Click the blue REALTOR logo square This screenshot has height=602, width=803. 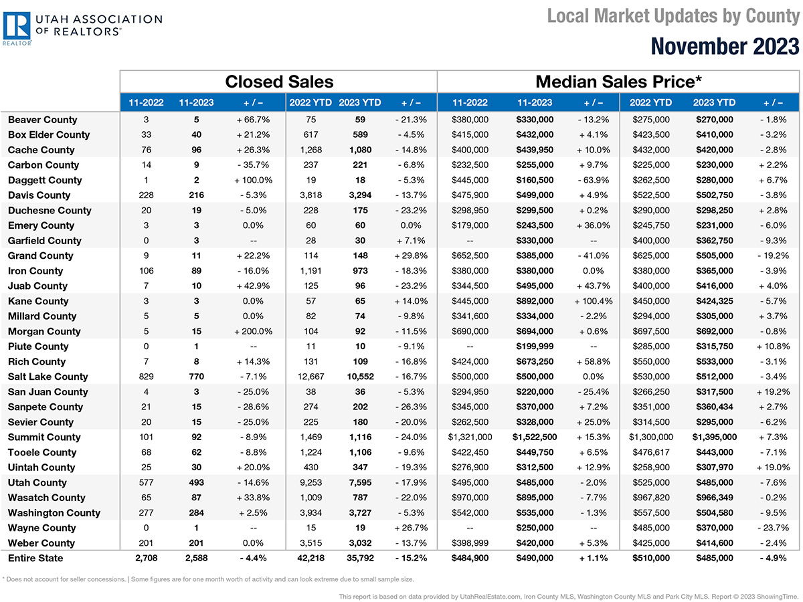(x=17, y=25)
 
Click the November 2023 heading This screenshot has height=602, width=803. (x=725, y=46)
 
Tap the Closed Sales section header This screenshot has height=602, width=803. (x=279, y=82)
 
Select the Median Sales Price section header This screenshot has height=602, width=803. (x=618, y=82)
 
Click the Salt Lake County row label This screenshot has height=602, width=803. (x=48, y=377)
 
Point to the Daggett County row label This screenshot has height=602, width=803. (x=45, y=180)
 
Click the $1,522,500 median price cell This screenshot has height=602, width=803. (x=535, y=437)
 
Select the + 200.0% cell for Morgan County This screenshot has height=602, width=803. (x=253, y=331)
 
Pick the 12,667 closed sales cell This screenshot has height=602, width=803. (x=310, y=377)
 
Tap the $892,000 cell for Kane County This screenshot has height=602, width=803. (x=535, y=301)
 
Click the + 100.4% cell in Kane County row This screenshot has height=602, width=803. (x=593, y=301)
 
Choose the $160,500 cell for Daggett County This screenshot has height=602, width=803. (x=535, y=180)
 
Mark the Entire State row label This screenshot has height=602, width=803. (x=35, y=558)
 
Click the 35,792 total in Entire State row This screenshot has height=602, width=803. (x=360, y=558)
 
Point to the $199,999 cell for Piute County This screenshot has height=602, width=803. (x=535, y=346)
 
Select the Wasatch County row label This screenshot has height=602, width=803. (x=46, y=498)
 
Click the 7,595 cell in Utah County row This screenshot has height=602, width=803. (x=360, y=482)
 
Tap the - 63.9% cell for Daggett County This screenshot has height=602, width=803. (x=593, y=180)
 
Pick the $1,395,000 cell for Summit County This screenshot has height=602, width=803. (x=715, y=437)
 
